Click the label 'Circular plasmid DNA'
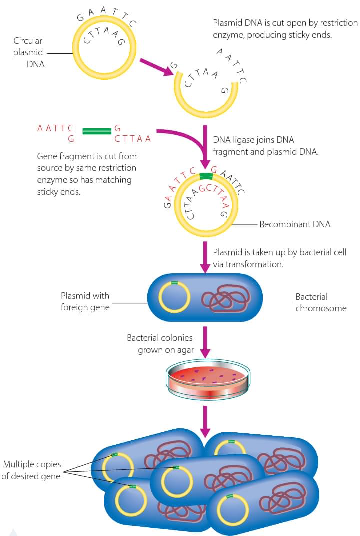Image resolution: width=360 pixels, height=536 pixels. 28,52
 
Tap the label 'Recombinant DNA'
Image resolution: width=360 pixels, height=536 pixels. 295,224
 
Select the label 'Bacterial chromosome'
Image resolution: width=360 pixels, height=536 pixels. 320,302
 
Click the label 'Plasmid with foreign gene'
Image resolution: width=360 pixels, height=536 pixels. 85,302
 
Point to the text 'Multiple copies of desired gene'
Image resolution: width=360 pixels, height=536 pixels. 31,470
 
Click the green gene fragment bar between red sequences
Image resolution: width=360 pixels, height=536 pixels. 96,131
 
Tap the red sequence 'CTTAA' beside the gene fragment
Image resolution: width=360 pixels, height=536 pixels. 132,139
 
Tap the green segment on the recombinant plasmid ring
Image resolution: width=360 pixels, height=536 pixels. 205,176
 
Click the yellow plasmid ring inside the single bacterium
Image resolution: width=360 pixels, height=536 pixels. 174,297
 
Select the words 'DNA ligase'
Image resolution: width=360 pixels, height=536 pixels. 232,140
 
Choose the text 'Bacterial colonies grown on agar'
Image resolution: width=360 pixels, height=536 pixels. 160,344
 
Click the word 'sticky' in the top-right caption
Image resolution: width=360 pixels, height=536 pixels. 306,35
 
